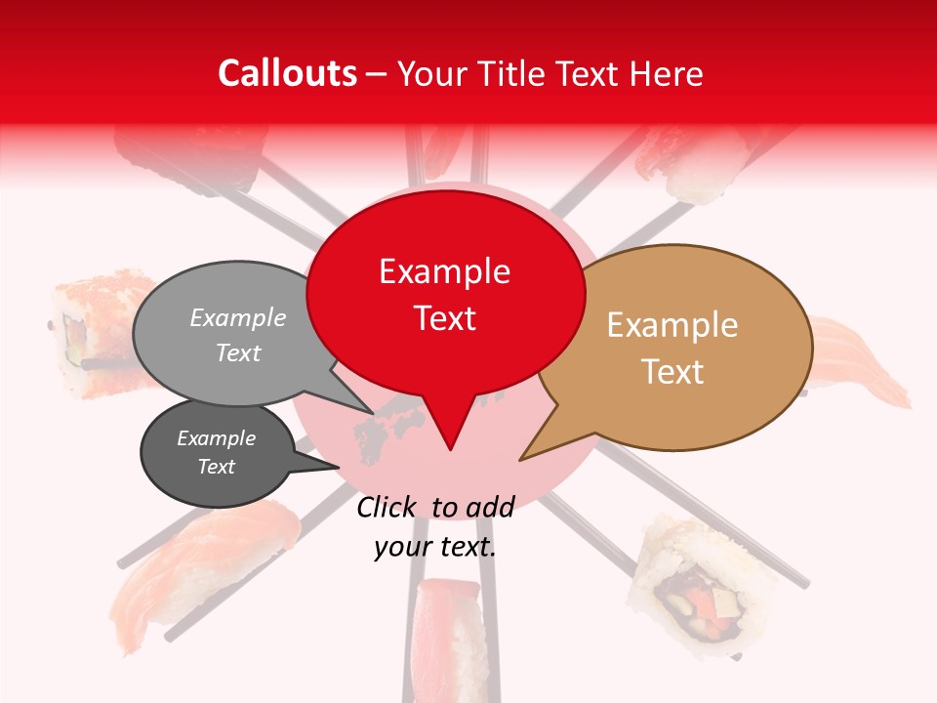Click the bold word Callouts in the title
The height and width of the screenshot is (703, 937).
click(287, 73)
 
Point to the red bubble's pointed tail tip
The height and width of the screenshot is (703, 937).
click(450, 449)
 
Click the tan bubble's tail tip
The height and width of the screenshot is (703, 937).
click(521, 459)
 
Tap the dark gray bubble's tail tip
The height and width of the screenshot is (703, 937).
click(338, 467)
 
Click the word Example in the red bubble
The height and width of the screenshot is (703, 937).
click(445, 271)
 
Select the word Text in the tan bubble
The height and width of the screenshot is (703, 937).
click(672, 372)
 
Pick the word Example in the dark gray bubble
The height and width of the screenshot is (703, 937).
click(216, 438)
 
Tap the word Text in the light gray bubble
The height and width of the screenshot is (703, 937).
click(238, 352)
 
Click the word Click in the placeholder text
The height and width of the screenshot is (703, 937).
click(386, 507)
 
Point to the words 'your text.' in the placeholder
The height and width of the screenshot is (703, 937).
click(435, 547)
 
